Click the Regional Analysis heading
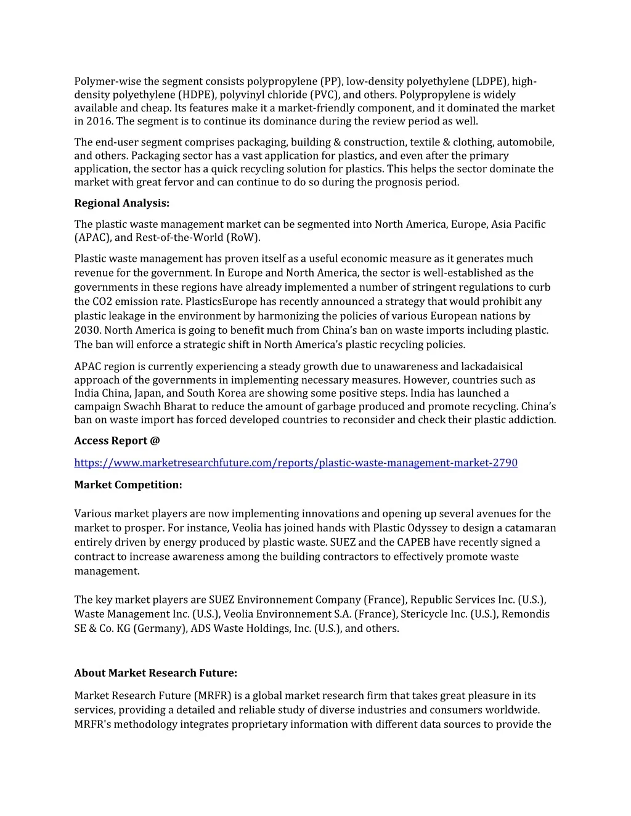tap(121, 203)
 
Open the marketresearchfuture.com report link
tap(296, 463)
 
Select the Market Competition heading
tap(128, 485)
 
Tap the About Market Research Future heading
tap(155, 673)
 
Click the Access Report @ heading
tap(117, 440)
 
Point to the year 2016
tap(98, 121)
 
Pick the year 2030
tap(86, 330)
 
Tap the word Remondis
tap(526, 614)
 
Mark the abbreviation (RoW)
tap(243, 238)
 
